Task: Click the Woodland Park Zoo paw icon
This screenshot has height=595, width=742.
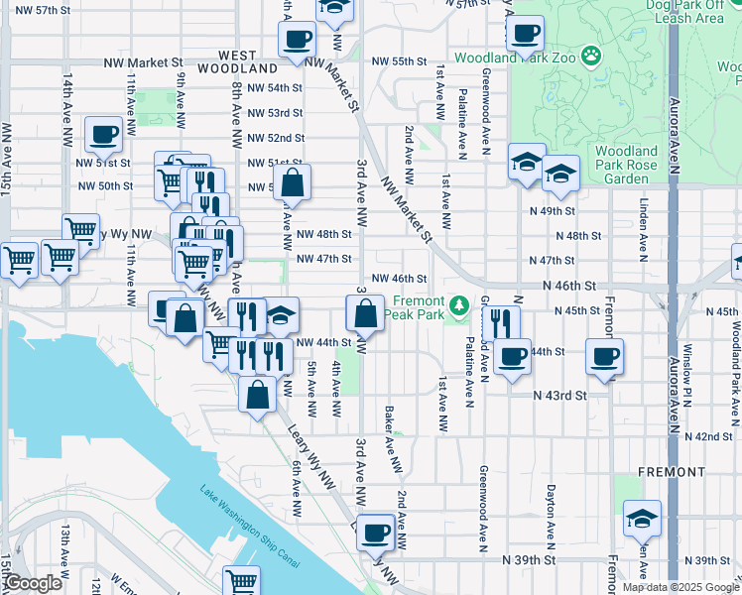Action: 592,57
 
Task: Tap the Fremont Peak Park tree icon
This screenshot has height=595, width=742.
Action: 458,303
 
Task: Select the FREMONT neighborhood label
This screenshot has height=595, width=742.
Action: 672,471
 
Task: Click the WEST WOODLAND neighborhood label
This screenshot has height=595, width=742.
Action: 235,62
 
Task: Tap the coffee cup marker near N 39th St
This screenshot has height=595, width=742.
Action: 375,534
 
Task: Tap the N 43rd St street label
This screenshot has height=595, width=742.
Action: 554,395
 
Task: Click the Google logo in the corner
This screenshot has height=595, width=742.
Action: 33,584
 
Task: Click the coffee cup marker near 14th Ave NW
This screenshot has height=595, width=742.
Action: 103,135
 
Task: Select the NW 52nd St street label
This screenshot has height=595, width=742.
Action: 276,138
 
